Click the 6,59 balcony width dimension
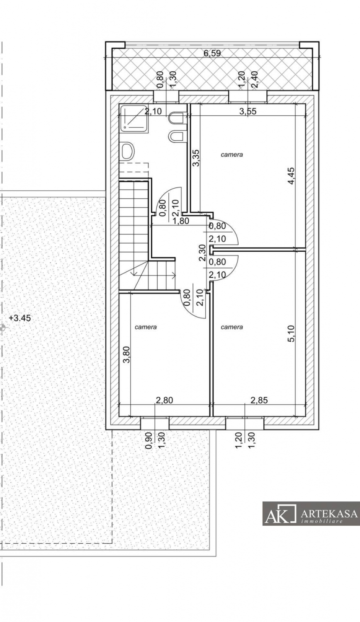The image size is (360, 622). (x=212, y=53)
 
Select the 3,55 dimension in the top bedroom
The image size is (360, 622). (x=248, y=111)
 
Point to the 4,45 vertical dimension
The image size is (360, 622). (x=291, y=175)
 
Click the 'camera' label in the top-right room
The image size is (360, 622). (x=231, y=155)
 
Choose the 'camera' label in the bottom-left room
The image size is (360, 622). (x=146, y=327)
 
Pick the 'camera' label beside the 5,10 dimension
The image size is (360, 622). (x=232, y=327)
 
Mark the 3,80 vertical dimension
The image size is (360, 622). (x=127, y=355)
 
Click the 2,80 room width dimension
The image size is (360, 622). (x=164, y=400)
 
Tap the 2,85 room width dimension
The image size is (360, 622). (x=259, y=400)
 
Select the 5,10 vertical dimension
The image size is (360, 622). (x=291, y=333)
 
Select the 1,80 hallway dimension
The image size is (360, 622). (x=180, y=221)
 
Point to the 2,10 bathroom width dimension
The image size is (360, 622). (x=153, y=111)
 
